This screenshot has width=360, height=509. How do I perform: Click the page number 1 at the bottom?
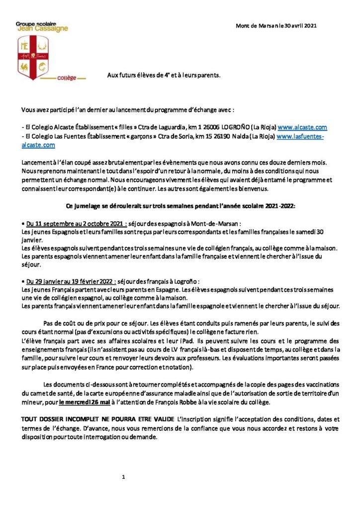click(x=123, y=477)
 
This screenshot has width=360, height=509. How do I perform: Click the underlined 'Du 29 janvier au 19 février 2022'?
click(x=69, y=282)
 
